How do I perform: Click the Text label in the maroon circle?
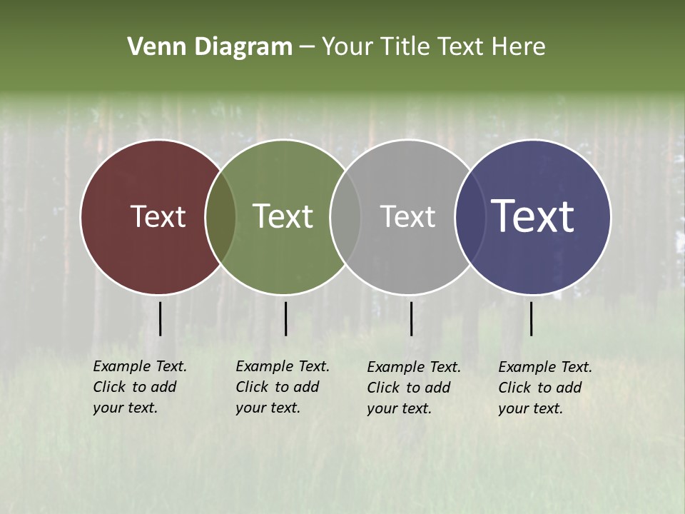158,216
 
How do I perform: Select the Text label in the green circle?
283,216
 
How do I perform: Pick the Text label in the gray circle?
407,216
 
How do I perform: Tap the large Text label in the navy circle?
532,216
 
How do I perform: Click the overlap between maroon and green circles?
220,216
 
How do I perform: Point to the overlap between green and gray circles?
345,216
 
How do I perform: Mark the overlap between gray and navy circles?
468,216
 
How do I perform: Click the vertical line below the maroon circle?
161,318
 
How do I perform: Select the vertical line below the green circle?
285,318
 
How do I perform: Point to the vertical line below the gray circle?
411,318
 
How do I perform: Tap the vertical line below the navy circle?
532,318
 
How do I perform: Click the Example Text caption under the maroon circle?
140,387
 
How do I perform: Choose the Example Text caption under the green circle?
283,387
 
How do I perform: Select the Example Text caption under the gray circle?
414,388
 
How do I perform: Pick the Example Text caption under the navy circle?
545,388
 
